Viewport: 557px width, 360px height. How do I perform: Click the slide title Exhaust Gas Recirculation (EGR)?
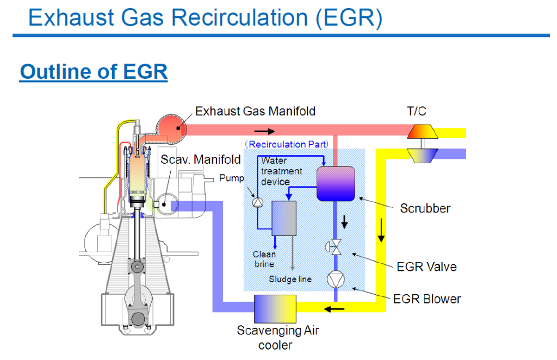pos(205,17)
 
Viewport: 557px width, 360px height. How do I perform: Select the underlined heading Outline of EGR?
pos(94,71)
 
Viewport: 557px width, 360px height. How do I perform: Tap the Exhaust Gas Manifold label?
pos(255,111)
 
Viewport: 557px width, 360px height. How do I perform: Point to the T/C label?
pos(417,111)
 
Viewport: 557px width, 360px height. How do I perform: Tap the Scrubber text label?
pos(425,208)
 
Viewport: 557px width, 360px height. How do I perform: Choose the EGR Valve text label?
pos(426,266)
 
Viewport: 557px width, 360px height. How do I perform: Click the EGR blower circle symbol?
pos(336,279)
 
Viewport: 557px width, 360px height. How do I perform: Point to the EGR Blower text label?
pos(427,299)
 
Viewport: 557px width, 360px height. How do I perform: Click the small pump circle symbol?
pos(257,201)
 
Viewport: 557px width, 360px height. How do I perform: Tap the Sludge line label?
pos(290,279)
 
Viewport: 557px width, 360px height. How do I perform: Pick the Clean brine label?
pos(264,259)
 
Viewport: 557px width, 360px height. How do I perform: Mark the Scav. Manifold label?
pos(200,160)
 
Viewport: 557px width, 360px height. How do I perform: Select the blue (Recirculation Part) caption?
pos(286,144)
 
